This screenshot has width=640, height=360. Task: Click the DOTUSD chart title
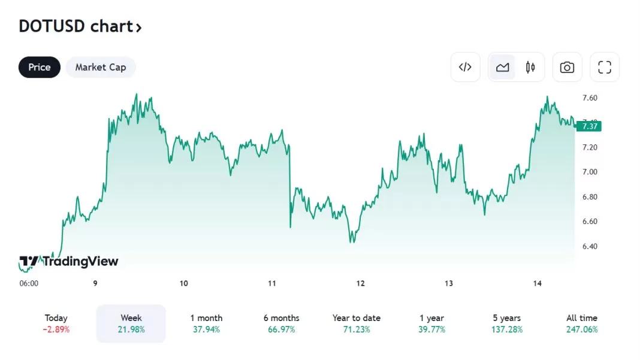click(80, 26)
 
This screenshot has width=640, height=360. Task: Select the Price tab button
click(40, 67)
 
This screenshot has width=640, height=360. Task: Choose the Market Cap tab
click(101, 67)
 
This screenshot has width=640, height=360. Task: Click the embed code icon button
click(465, 67)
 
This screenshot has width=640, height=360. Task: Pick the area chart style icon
click(503, 67)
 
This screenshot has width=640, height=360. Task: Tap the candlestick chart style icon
click(530, 67)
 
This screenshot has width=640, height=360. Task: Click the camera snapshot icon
click(567, 67)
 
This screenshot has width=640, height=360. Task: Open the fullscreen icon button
click(605, 67)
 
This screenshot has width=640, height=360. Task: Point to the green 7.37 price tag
click(589, 126)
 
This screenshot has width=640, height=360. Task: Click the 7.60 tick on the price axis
click(590, 98)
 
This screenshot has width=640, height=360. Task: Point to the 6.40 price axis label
click(590, 246)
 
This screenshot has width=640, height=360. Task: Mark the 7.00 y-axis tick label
click(590, 172)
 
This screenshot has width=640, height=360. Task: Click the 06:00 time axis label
click(29, 283)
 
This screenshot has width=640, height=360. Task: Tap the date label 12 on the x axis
click(360, 283)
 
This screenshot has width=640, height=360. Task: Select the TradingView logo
click(68, 261)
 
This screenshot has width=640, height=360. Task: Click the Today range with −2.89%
click(56, 323)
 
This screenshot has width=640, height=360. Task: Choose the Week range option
click(131, 323)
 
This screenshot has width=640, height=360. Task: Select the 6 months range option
click(281, 323)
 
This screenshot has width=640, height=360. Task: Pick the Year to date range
click(357, 323)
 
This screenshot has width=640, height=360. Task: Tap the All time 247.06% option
click(581, 323)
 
